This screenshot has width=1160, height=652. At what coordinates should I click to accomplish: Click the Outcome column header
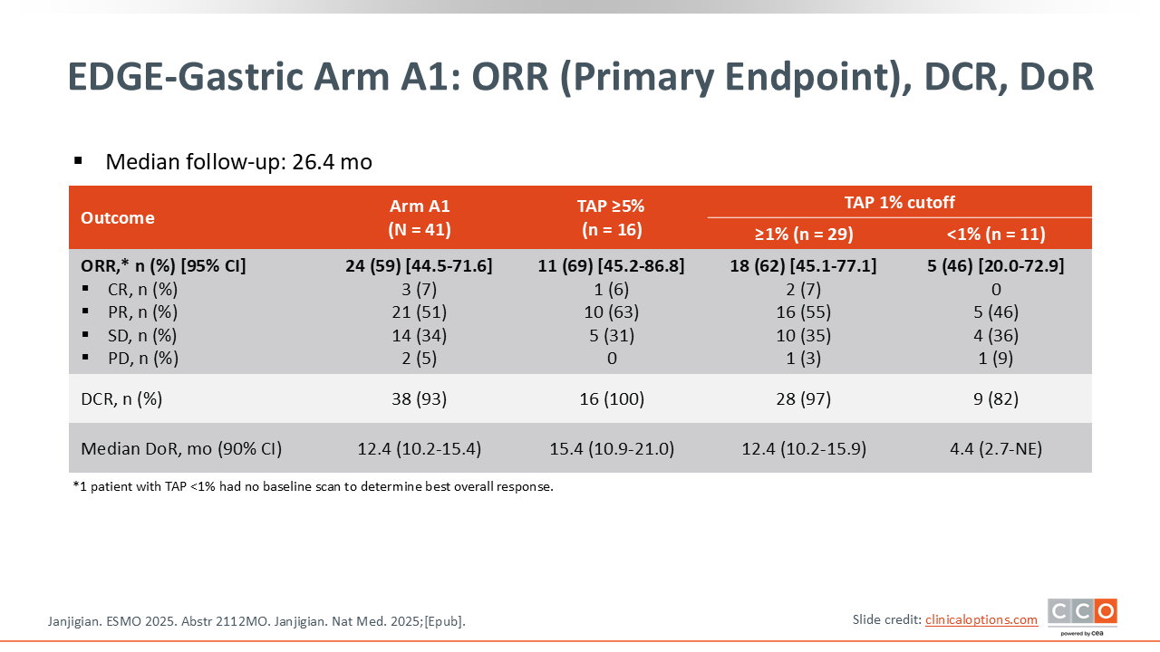(x=118, y=218)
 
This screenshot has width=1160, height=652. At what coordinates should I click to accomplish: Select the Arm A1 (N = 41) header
(x=420, y=217)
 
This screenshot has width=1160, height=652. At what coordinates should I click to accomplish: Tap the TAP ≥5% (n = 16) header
(x=611, y=217)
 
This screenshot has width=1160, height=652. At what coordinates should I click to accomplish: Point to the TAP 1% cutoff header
(x=900, y=202)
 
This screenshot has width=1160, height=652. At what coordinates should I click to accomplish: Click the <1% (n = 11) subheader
(x=996, y=234)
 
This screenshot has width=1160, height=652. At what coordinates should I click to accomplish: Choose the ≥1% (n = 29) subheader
(x=804, y=234)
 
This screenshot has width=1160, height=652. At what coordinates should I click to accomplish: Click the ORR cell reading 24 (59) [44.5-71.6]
(x=419, y=266)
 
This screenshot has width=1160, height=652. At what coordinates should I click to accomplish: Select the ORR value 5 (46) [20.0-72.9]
(x=996, y=266)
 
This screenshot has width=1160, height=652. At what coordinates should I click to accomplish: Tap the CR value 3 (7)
(x=419, y=289)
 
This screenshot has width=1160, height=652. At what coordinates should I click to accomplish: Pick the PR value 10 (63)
(x=612, y=312)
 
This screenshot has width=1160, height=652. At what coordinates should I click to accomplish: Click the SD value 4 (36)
(x=996, y=335)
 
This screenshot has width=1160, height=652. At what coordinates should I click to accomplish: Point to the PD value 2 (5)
(x=419, y=358)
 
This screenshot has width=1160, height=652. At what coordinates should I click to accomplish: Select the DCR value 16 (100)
(x=612, y=399)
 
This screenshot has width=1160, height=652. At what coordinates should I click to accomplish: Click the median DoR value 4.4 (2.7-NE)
(x=996, y=448)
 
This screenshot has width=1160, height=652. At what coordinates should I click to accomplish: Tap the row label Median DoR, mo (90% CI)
(x=181, y=448)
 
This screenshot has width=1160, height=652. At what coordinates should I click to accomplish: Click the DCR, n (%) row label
(x=121, y=399)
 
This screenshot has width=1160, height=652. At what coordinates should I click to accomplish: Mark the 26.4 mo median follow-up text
(x=332, y=162)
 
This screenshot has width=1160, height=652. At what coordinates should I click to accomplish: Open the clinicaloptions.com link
(x=981, y=620)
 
